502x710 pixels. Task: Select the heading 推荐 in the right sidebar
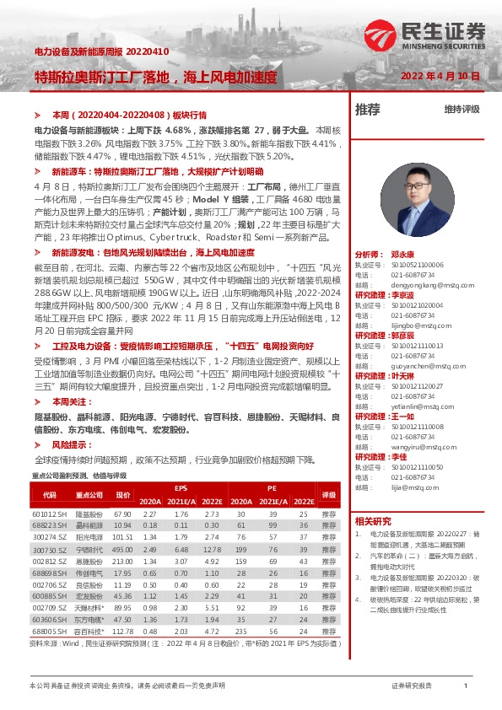[x=368, y=110]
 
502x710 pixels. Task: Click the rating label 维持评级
[x=462, y=110]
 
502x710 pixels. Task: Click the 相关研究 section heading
[x=373, y=521]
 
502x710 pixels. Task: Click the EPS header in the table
[x=181, y=488]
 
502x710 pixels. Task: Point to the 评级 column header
[x=328, y=494]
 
